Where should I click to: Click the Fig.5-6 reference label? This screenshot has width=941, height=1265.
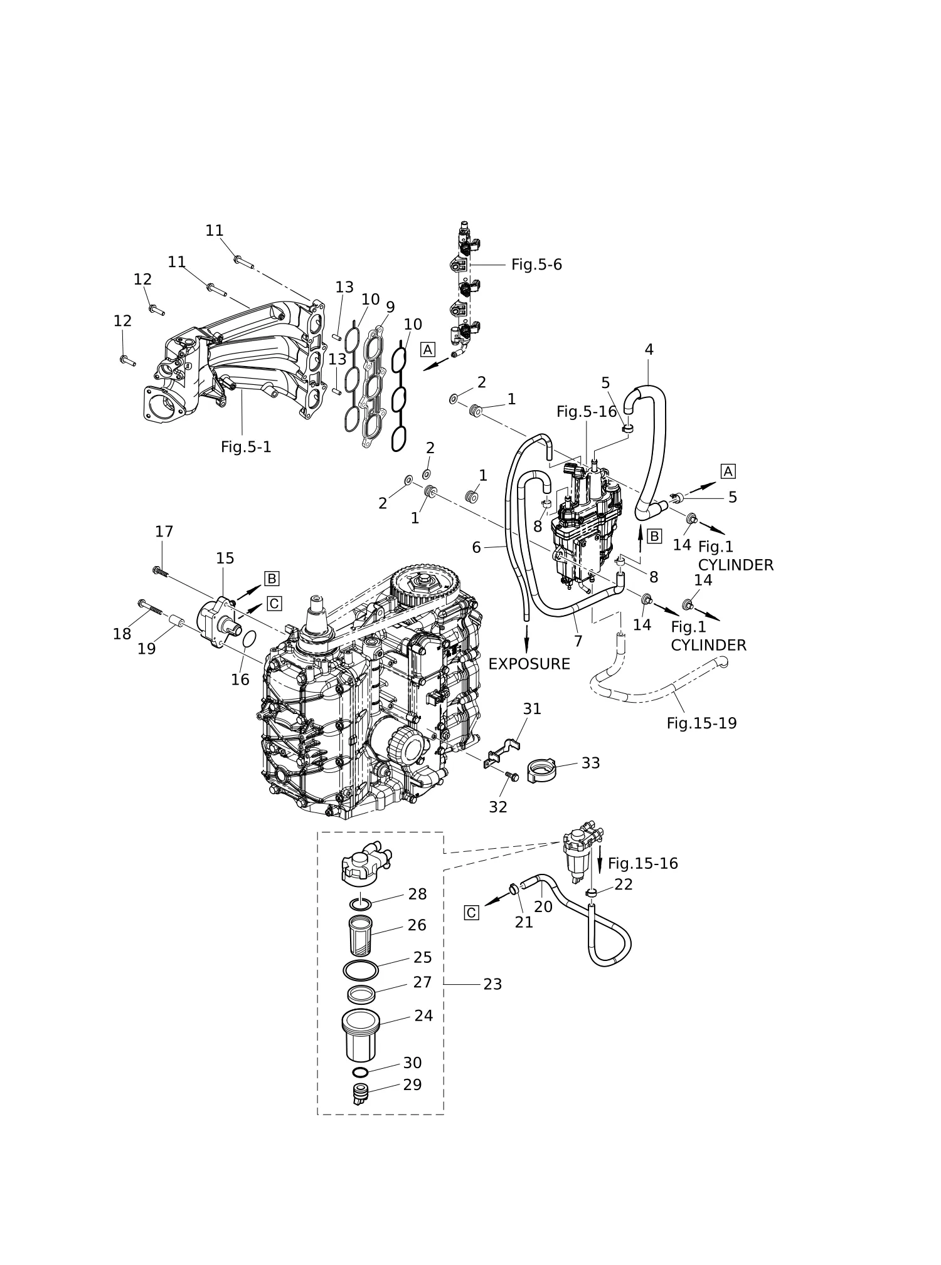click(536, 265)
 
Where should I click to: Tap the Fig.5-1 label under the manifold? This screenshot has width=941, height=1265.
click(246, 447)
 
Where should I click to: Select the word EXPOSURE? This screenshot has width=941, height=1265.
click(529, 664)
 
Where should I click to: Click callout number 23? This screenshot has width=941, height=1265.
click(492, 985)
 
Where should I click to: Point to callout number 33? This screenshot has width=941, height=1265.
click(590, 763)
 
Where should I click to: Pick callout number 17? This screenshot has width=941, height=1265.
click(164, 532)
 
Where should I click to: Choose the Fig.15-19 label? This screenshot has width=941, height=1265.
click(701, 723)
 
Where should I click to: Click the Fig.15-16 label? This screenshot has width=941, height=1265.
click(643, 864)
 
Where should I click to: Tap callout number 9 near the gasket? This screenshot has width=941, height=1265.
click(390, 307)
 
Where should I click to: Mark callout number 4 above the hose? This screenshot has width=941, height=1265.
click(649, 350)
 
